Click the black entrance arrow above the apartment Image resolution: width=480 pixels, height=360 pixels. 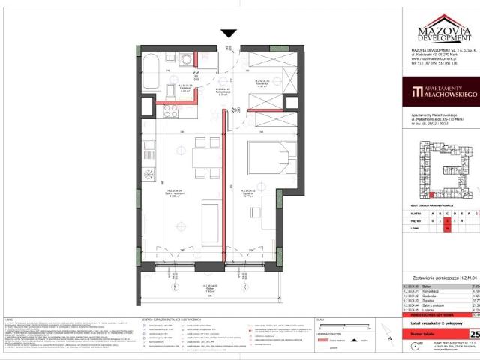click(229, 33)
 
